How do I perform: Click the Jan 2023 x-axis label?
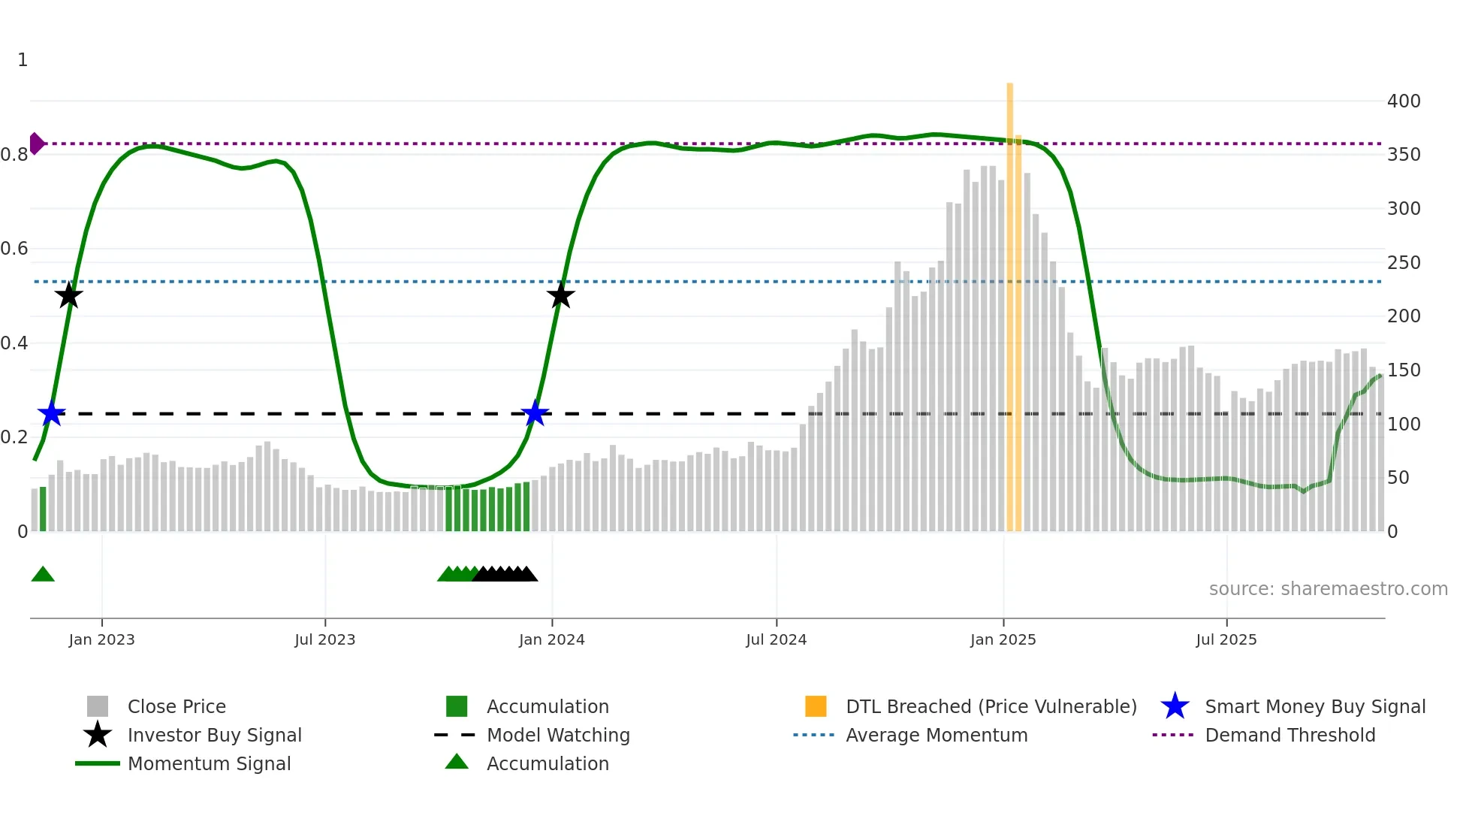point(101,640)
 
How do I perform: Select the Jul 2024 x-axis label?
point(776,640)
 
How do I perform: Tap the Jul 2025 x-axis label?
point(1226,640)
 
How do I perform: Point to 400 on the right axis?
point(1403,101)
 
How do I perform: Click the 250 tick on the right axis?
point(1403,263)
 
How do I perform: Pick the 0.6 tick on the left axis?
point(14,249)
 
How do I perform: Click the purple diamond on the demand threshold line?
point(36,143)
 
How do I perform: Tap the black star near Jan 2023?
point(69,295)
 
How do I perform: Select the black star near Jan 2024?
point(560,295)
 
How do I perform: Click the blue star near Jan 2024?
point(535,413)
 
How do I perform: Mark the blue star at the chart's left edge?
point(52,413)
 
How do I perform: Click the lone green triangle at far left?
point(43,575)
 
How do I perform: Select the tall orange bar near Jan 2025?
point(1010,301)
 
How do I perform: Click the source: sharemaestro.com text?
point(1328,589)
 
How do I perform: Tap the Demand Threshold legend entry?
point(1290,736)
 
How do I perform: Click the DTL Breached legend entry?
point(991,707)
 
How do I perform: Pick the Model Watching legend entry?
point(557,736)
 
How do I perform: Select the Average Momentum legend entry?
point(936,736)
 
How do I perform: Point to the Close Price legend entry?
point(176,707)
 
